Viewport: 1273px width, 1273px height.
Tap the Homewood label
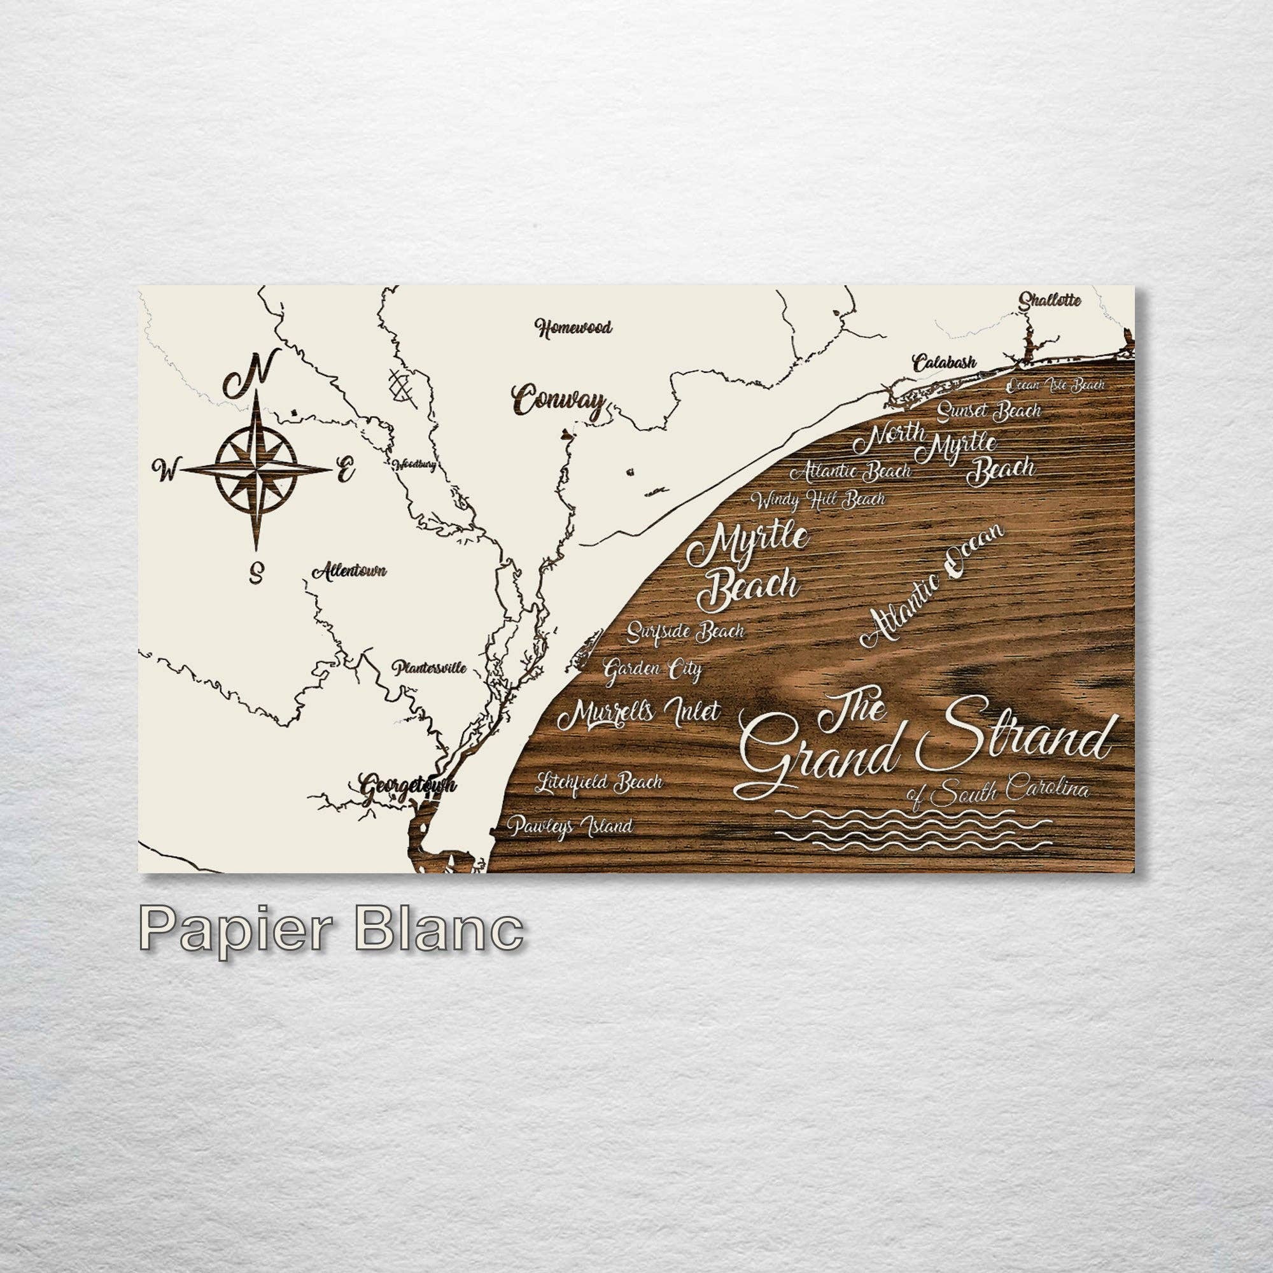tap(573, 327)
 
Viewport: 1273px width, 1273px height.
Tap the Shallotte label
tap(1050, 300)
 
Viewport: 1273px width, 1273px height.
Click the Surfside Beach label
tap(686, 631)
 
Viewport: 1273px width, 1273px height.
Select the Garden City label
tap(652, 670)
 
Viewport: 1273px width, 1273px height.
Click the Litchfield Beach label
tap(598, 782)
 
